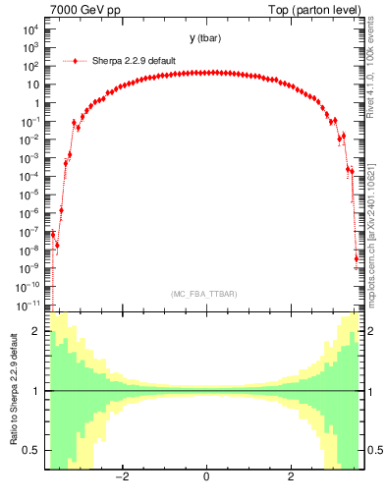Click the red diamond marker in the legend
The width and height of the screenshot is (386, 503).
[76, 61]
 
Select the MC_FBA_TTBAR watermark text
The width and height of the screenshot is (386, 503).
[204, 294]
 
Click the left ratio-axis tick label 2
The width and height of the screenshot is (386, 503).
[36, 331]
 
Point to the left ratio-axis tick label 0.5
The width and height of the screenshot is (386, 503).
[32, 450]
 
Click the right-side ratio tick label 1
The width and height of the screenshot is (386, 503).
[371, 391]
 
